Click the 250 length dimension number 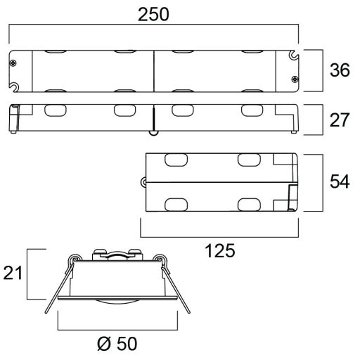pyautogui.click(x=153, y=15)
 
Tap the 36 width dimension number pyautogui.click(x=340, y=70)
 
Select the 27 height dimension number pyautogui.click(x=340, y=120)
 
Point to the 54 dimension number pyautogui.click(x=340, y=181)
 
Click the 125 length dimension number pyautogui.click(x=220, y=250)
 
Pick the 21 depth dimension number pyautogui.click(x=13, y=273)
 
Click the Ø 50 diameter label pyautogui.click(x=117, y=344)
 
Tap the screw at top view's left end pyautogui.click(x=13, y=63)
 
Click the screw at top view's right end pyautogui.click(x=295, y=79)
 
